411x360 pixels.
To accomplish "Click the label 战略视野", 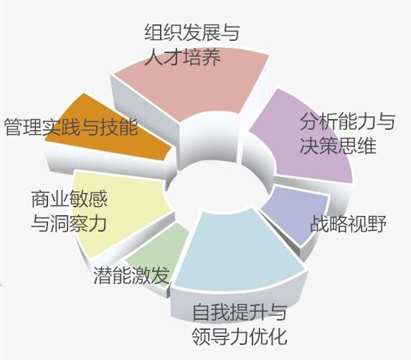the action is (349, 224).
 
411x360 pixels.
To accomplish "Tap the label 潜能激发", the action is (131, 275).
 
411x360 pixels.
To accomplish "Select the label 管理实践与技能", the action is (71, 127).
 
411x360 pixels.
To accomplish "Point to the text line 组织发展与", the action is (192, 32).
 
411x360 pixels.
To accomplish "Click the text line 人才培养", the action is (183, 57).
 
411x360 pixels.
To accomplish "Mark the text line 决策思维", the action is (338, 146).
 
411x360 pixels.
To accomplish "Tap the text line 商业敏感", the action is (70, 199).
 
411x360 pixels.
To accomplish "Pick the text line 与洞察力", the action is (69, 224).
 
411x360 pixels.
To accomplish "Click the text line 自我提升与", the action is (240, 312).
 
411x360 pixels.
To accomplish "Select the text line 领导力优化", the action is (240, 336).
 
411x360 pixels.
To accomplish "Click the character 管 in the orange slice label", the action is (13, 127).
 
